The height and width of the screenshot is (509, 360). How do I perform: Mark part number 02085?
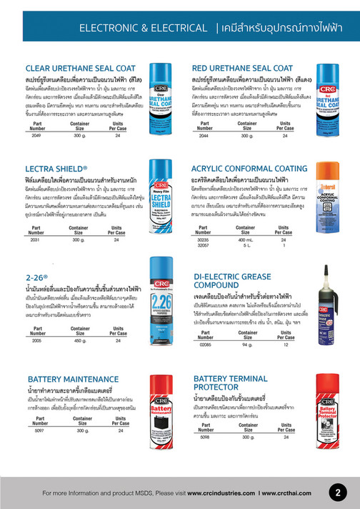tap(205, 345)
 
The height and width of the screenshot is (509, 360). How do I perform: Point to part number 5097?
tap(40, 433)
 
